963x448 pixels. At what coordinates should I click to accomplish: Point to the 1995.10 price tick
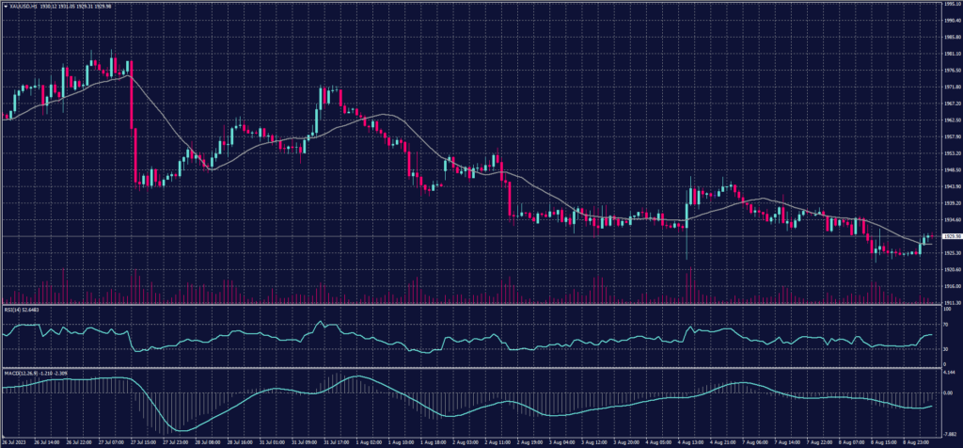951,4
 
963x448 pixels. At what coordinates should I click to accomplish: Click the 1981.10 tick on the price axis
951,54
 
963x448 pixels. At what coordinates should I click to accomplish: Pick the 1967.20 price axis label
951,104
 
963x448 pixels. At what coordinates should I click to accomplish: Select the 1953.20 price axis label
951,152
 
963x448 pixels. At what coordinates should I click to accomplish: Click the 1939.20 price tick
951,201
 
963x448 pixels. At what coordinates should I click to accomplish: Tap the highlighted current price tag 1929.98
951,236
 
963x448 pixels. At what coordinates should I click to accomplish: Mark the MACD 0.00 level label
947,392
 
